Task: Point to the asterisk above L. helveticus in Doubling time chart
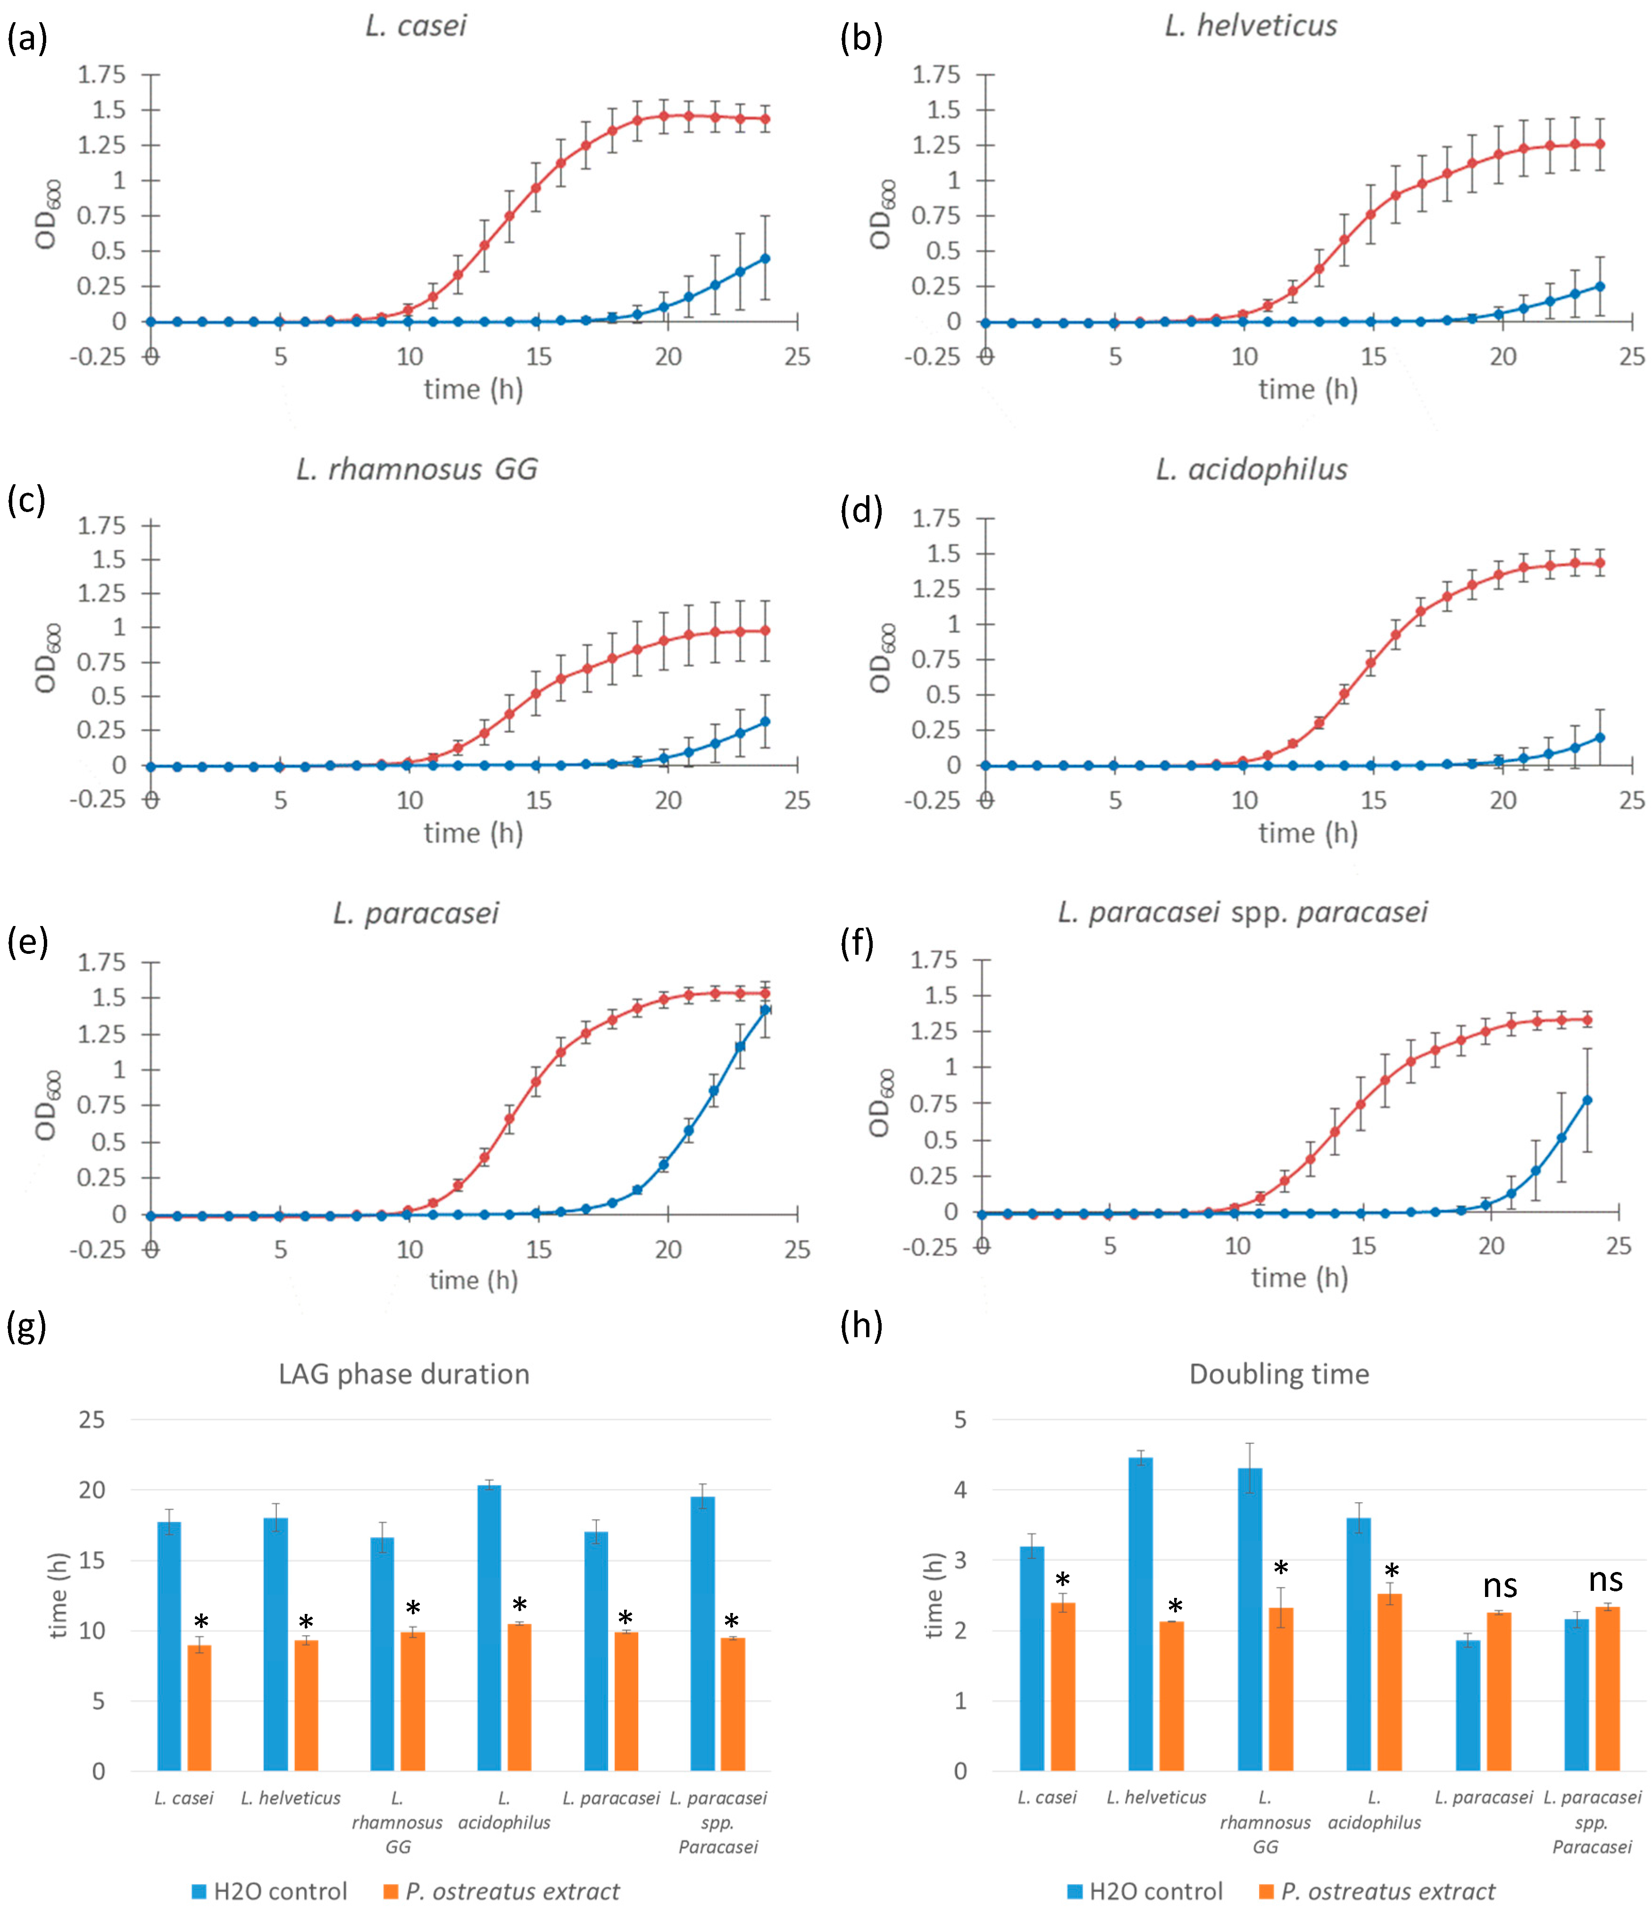(x=1175, y=1607)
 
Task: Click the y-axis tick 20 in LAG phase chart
(x=92, y=1490)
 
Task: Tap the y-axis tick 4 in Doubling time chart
(x=961, y=1490)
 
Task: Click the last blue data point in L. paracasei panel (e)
(x=765, y=1010)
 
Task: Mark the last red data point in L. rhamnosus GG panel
(x=765, y=631)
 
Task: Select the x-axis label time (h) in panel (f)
(x=1299, y=1278)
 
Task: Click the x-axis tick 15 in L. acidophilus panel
(x=1373, y=800)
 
